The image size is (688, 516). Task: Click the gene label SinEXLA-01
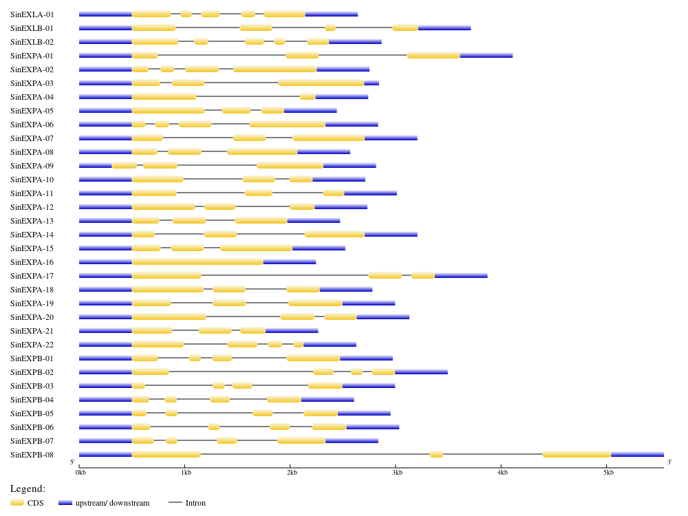(32, 14)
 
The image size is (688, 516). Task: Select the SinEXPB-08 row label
(32, 455)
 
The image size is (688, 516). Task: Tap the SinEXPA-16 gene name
(32, 262)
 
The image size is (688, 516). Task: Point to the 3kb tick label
(397, 473)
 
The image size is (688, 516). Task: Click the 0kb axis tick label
(81, 473)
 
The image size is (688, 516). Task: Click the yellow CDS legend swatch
(17, 503)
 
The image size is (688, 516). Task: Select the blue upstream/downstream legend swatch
(65, 503)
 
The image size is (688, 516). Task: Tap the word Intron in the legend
(195, 503)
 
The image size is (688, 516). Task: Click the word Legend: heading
(28, 488)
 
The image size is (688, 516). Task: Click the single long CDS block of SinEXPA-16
(197, 261)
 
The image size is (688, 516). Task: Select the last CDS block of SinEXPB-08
(577, 454)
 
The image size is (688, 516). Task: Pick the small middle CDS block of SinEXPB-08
(436, 454)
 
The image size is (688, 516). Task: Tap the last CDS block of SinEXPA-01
(433, 55)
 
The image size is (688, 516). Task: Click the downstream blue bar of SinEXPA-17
(461, 275)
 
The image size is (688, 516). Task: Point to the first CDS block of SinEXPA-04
(164, 96)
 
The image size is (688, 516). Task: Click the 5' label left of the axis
(72, 462)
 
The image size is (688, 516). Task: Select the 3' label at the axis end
(669, 462)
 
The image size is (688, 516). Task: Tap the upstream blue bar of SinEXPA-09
(96, 165)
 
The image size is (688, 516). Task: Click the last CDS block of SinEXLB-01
(405, 28)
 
